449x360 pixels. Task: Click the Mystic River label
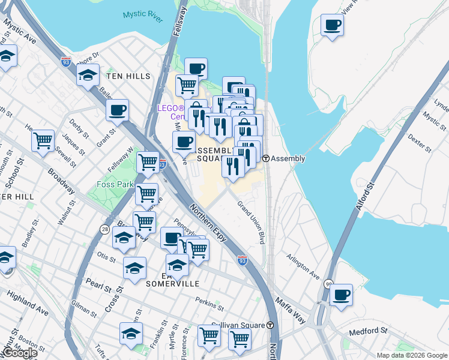coord(143,16)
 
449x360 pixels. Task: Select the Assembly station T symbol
coord(265,158)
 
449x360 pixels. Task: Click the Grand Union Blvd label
coord(251,221)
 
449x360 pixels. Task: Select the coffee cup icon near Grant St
coord(118,110)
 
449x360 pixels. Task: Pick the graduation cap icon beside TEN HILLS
coord(88,76)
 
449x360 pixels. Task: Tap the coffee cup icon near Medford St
coord(341,295)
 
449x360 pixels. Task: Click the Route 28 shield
coord(106,229)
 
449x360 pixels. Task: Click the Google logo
coord(19,353)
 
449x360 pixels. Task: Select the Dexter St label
coord(420,141)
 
